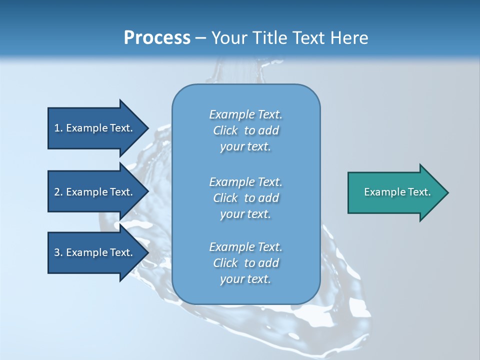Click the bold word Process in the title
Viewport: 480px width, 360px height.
coord(157,38)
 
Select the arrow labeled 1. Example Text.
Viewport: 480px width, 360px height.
coord(95,128)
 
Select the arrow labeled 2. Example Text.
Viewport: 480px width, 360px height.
coord(95,192)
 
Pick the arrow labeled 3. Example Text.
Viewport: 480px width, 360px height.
coord(95,252)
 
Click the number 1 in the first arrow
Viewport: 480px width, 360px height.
coord(57,128)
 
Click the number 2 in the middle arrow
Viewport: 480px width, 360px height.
coord(57,192)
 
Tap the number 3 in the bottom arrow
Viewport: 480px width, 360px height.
coord(57,252)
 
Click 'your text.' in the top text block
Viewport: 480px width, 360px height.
coord(245,146)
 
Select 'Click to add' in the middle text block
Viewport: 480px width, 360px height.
coord(245,198)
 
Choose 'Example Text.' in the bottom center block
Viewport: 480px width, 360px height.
coord(245,247)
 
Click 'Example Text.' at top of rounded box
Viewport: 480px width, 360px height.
coord(245,114)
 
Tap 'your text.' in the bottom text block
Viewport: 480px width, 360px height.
coord(245,279)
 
